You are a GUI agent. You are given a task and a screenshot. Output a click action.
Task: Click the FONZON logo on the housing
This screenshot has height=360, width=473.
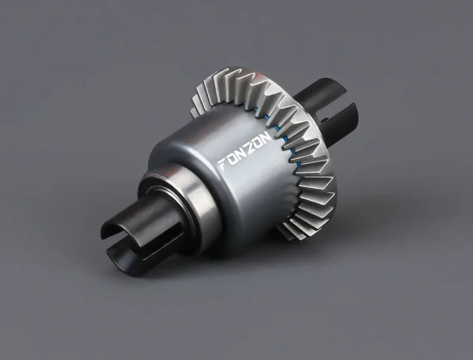[x=245, y=150]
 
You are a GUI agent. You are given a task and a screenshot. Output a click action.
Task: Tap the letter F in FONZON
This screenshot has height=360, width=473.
[x=223, y=165]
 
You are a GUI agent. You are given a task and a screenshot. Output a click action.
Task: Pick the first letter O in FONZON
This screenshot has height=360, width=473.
[x=233, y=158]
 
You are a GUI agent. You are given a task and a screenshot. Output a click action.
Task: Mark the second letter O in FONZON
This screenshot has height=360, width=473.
[x=258, y=142]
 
